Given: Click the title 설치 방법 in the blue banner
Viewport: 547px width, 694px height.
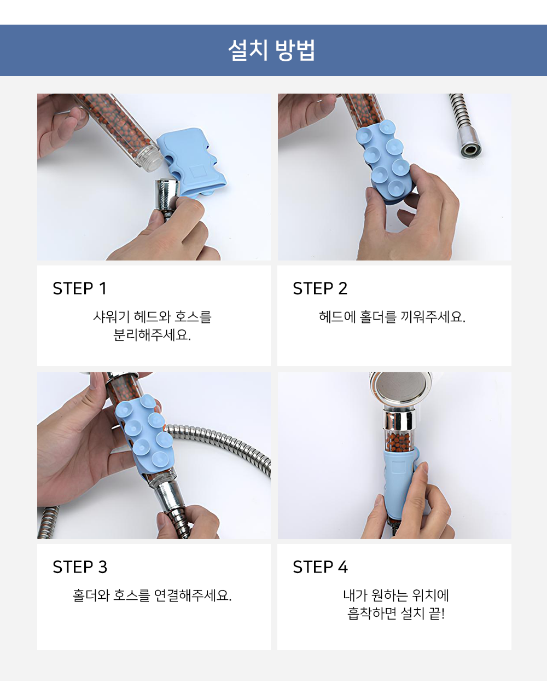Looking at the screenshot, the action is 271,50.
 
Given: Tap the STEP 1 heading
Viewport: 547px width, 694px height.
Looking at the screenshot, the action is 80,288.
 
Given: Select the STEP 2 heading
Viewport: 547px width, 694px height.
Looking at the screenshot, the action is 320,288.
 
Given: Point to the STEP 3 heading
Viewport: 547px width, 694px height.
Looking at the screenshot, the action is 80,567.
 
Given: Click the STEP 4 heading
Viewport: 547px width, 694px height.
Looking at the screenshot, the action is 321,567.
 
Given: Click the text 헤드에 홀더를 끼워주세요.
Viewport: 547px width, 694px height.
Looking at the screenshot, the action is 392,317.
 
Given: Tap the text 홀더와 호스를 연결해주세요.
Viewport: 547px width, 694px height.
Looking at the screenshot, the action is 152,595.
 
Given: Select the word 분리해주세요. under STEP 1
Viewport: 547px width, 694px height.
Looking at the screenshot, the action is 152,335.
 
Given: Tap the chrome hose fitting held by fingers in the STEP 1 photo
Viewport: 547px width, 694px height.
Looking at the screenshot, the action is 167,194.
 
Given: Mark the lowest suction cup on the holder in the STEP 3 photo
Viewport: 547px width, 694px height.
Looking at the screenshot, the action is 159,460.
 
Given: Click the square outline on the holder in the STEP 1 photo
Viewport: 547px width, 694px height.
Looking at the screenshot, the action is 197,171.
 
